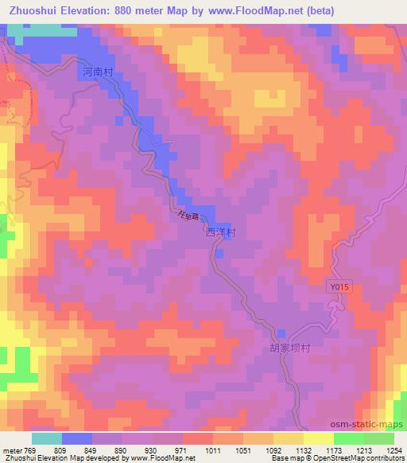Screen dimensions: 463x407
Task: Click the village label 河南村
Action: point(99,72)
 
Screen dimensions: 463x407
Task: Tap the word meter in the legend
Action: point(11,449)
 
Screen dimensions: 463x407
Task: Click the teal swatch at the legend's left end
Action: point(47,438)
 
